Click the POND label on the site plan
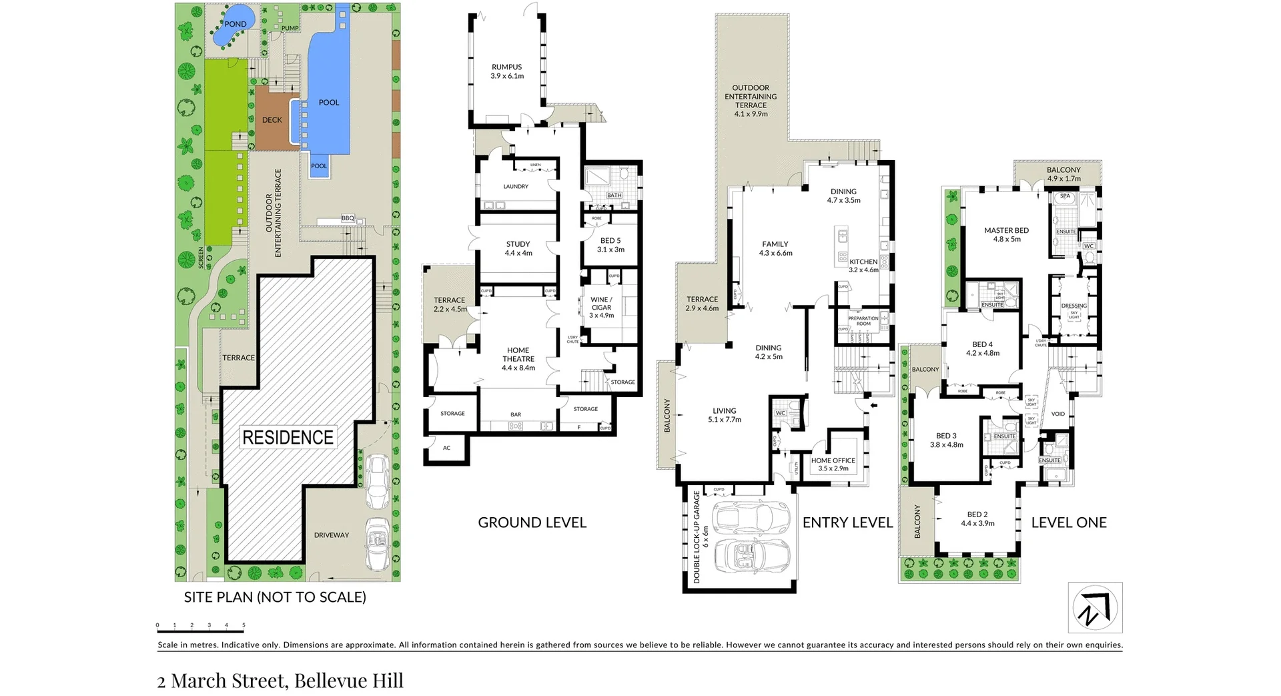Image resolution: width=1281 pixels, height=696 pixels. pyautogui.click(x=235, y=24)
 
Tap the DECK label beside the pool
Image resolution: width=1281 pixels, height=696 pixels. pyautogui.click(x=272, y=120)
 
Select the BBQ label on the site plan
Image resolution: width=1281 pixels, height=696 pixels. pyautogui.click(x=348, y=218)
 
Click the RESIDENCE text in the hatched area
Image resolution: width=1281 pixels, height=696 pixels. pyautogui.click(x=288, y=438)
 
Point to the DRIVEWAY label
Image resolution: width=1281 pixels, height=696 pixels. pyautogui.click(x=332, y=535)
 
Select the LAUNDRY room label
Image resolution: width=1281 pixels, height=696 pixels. pyautogui.click(x=516, y=187)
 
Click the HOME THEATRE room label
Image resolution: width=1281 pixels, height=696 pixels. pyautogui.click(x=518, y=359)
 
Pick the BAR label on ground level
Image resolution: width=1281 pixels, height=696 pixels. pyautogui.click(x=516, y=414)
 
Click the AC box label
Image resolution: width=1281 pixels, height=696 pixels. pyautogui.click(x=446, y=448)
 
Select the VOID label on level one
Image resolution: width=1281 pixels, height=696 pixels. pyautogui.click(x=1058, y=414)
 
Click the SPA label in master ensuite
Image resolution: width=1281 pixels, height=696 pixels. pyautogui.click(x=1065, y=196)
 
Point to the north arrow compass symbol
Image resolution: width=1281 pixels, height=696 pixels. pyautogui.click(x=1095, y=607)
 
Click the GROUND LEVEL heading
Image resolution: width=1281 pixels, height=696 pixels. pyautogui.click(x=532, y=523)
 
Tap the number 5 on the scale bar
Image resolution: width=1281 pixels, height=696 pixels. pyautogui.click(x=244, y=626)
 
